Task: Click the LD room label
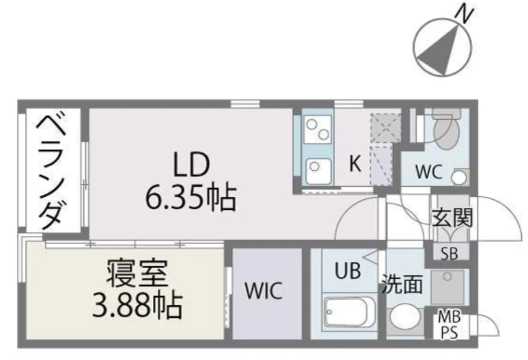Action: tap(191, 165)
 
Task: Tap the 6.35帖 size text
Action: tap(191, 197)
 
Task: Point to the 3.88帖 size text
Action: tap(137, 305)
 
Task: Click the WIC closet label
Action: tap(263, 291)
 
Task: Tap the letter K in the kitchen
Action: tap(355, 163)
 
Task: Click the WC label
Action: tap(429, 172)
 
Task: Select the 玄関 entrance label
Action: tap(452, 217)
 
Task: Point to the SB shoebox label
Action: tap(450, 253)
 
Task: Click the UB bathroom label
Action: tap(348, 270)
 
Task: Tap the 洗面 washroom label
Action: tap(402, 284)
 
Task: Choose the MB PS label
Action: tap(450, 325)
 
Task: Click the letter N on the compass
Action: tap(465, 15)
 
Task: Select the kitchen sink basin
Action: tap(317, 170)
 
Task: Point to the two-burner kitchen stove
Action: tap(317, 129)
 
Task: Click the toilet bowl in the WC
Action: tap(447, 132)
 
